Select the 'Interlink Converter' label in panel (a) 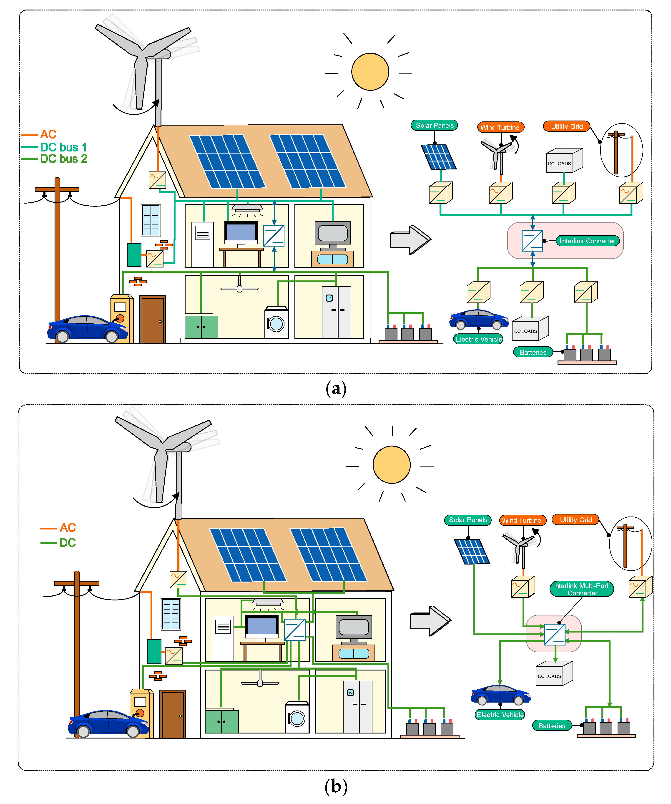pyautogui.click(x=587, y=241)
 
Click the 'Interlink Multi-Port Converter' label pyautogui.click(x=581, y=589)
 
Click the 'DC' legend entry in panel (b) pyautogui.click(x=67, y=542)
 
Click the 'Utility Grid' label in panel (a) pyautogui.click(x=566, y=126)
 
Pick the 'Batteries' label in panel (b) pyautogui.click(x=552, y=726)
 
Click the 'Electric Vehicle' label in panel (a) pyautogui.click(x=478, y=339)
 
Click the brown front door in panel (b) pyautogui.click(x=173, y=714)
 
